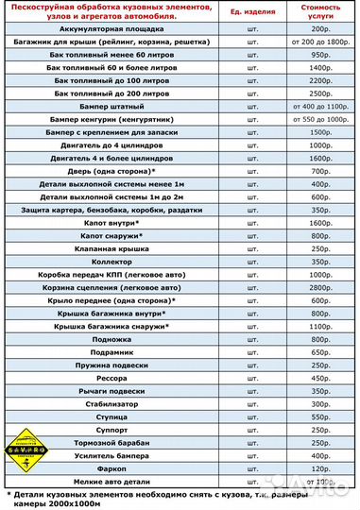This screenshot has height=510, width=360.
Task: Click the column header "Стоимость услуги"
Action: coord(319,15)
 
